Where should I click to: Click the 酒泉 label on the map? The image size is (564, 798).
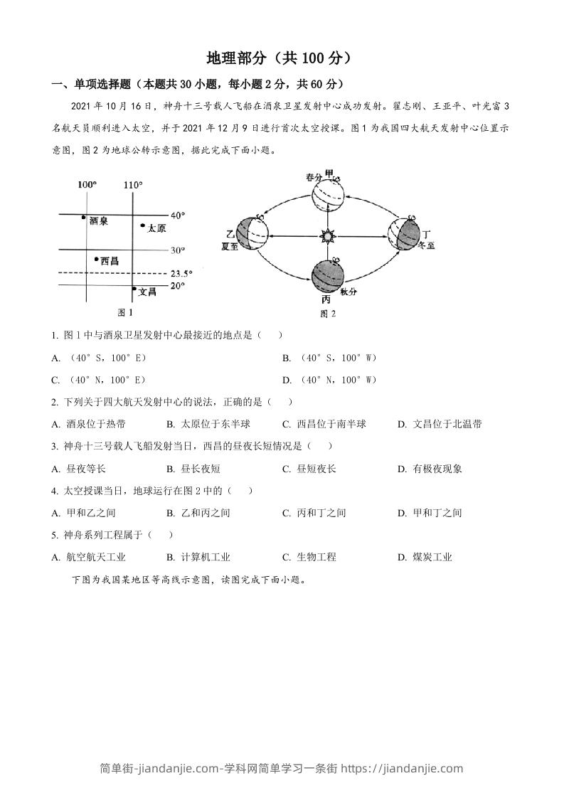99,221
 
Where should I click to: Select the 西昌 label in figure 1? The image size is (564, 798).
109,261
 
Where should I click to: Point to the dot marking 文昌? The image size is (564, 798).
134,289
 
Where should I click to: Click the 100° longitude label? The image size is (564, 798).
87,186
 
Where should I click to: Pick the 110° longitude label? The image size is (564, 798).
132,186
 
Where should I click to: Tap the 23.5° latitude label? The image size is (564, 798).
182,272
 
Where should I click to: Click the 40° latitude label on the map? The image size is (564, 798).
178,215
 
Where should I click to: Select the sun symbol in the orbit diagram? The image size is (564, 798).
328,235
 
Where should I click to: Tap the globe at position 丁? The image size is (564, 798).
404,233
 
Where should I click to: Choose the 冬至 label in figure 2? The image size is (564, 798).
425,246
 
